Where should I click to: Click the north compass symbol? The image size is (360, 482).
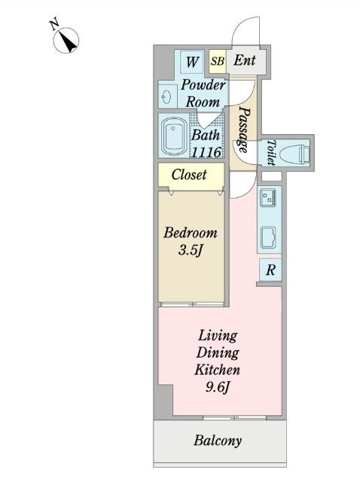66,40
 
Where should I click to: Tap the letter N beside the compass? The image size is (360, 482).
55,25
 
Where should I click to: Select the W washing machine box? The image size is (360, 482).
192,62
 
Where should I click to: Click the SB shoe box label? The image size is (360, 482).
218,61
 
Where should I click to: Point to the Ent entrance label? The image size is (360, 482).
245,60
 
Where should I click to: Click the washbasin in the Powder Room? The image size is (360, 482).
167,97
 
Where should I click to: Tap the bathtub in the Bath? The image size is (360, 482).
174,136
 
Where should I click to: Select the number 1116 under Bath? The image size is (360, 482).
206,152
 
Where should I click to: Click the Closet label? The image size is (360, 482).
189,175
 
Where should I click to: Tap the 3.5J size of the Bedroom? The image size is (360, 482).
190,251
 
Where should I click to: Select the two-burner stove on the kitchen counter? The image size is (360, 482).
268,197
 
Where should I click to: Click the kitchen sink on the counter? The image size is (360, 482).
268,238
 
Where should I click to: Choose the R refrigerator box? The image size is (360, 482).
270,270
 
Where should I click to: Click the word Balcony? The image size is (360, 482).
218,441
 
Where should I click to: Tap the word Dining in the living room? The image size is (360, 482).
218,353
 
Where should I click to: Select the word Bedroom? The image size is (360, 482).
191,233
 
